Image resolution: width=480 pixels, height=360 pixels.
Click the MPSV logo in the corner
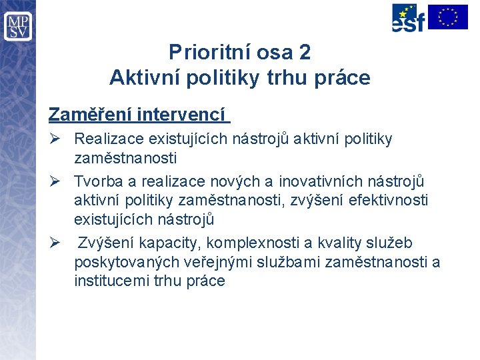(x=17, y=26)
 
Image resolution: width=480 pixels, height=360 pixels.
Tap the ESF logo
(x=408, y=18)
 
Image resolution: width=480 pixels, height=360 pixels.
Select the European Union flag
(x=448, y=17)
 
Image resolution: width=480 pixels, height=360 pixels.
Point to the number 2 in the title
(x=305, y=52)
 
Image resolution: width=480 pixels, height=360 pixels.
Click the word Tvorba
(x=95, y=181)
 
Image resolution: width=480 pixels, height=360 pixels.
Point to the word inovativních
(x=321, y=181)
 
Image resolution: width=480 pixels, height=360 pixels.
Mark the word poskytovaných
(x=118, y=262)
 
